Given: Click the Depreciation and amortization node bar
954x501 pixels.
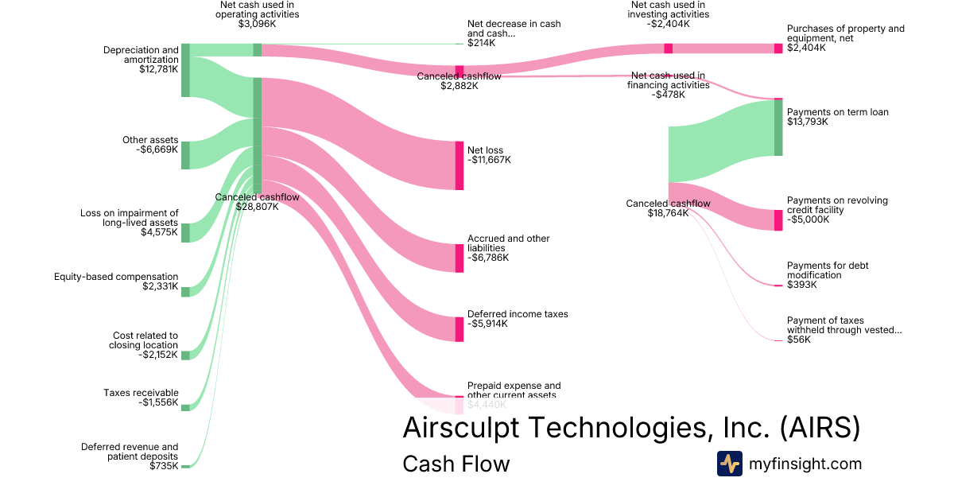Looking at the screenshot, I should tap(185, 70).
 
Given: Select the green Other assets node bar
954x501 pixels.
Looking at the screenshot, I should tap(185, 155).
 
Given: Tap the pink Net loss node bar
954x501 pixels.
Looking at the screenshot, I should tap(460, 165).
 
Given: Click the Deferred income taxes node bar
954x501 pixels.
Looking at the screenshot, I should tap(460, 329).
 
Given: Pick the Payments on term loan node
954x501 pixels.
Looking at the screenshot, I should tap(778, 127).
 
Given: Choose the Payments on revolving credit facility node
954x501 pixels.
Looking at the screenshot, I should tap(778, 220).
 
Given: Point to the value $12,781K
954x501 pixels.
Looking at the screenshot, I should tap(158, 69).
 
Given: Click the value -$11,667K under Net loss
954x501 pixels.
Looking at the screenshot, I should tap(489, 160).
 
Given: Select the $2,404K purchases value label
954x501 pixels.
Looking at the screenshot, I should tap(806, 48).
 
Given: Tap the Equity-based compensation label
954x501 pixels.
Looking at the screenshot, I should tap(116, 277).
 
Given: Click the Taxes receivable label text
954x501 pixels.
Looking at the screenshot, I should tap(141, 393).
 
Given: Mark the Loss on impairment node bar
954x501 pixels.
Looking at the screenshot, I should tap(185, 232).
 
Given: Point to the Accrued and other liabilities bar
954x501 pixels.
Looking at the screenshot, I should tap(460, 258).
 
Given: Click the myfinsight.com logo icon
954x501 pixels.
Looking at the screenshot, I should tap(729, 464).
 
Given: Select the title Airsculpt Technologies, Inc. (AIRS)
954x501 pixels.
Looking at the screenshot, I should tap(631, 427).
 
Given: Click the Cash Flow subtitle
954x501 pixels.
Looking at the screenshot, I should tap(456, 464).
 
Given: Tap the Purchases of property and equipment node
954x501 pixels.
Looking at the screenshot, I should tap(778, 49).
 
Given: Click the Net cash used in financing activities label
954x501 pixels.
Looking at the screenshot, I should tap(668, 80).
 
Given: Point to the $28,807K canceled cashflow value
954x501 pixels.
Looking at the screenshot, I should tap(258, 207).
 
